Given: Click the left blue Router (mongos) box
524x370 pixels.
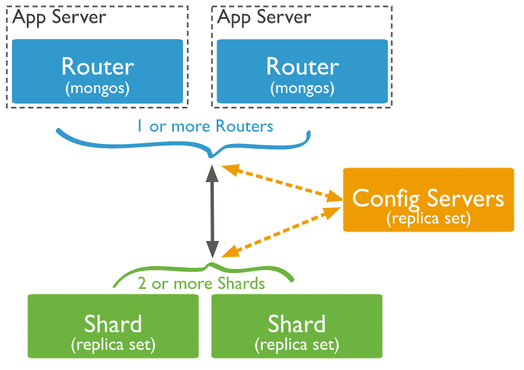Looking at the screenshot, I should [98, 71].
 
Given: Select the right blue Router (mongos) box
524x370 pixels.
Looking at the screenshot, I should [302, 71].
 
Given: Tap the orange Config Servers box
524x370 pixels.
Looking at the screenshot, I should [428, 200].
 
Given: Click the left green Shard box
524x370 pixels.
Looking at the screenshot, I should [113, 326].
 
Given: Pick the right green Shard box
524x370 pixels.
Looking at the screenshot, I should [296, 326].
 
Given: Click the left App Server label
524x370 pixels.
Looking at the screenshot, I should [59, 17].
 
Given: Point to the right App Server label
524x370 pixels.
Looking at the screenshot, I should [265, 17].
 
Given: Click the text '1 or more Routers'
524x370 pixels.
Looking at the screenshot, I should [205, 126].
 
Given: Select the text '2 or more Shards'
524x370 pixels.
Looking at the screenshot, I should [201, 284].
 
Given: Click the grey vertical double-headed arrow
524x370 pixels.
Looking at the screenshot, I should [213, 211].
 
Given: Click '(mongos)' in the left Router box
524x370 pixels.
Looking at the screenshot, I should [98, 89].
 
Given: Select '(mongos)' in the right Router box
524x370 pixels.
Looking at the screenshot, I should [302, 89].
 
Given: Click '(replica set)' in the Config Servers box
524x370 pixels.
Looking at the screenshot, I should [428, 219].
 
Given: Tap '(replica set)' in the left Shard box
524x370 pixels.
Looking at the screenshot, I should [113, 345].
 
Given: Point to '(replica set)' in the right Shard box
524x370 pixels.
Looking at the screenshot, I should [296, 345].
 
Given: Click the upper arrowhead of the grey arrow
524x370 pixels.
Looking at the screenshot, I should [213, 170].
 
